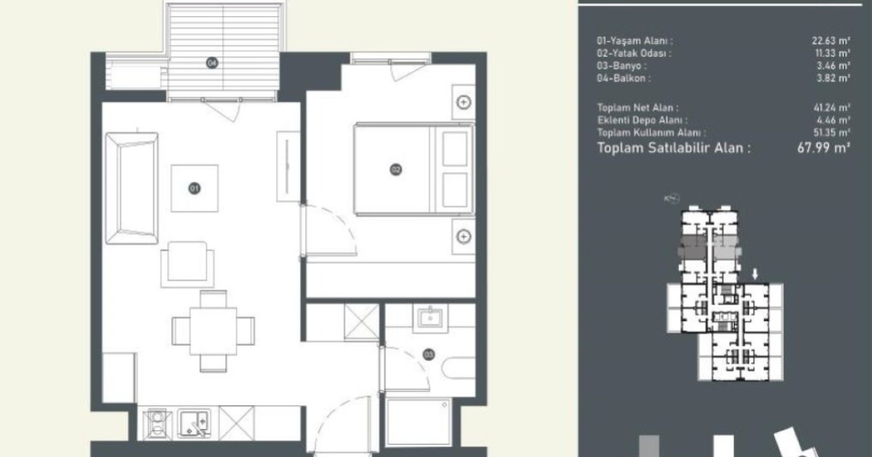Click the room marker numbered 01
coord(194,188)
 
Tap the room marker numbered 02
coord(396,170)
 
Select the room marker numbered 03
coord(428,354)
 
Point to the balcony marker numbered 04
coord(212,63)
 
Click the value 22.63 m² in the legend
coord(831,40)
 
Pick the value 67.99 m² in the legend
coord(824,148)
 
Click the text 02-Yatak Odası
coord(634,53)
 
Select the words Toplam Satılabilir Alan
coord(673,148)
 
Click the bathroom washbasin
coord(430,319)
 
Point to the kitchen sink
coord(194,424)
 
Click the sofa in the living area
coord(132,187)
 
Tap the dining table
coord(213,331)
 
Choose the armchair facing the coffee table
coord(187,264)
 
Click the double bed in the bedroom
coord(413,169)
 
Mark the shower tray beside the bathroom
coord(418,421)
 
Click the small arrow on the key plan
coord(755,274)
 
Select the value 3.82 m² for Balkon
coord(833,78)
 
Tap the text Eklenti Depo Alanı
coord(642,120)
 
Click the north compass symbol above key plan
coord(673,199)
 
